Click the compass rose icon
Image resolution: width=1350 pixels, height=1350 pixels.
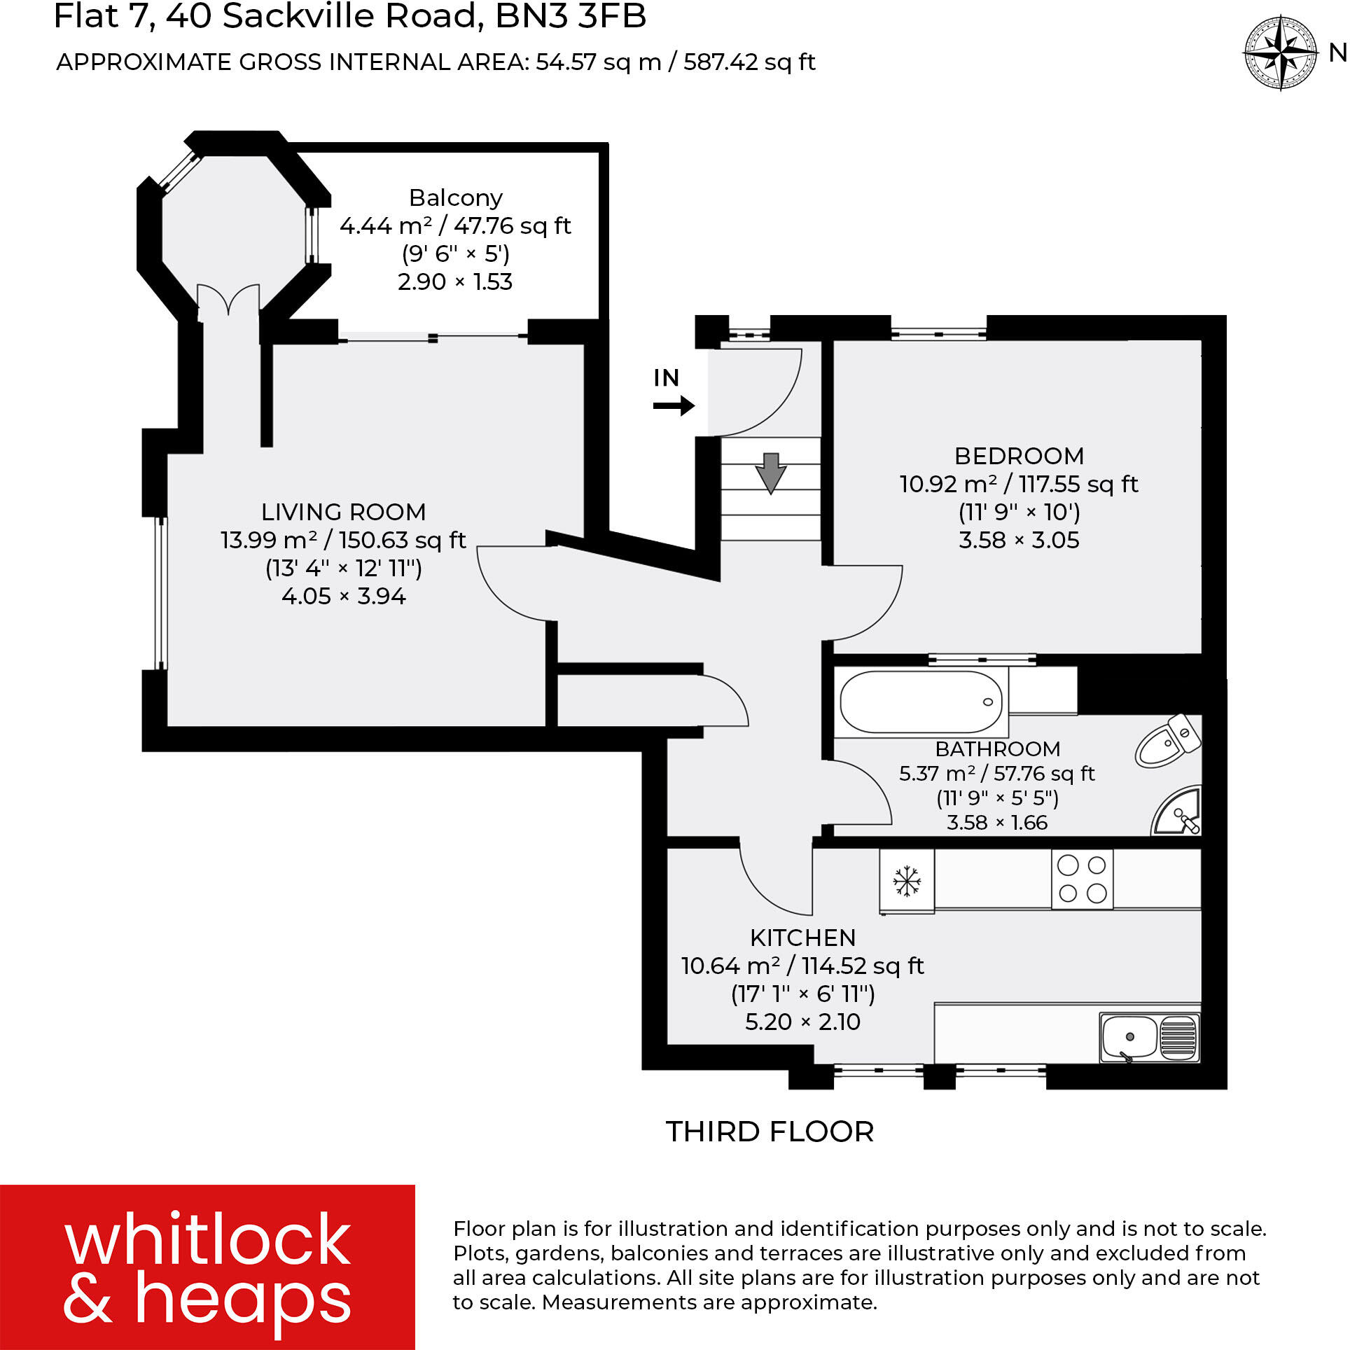point(1280,54)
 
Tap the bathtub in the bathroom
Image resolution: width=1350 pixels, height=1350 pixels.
point(921,702)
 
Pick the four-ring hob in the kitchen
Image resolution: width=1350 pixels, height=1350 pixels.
point(1082,879)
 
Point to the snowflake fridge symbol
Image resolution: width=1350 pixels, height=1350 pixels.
point(906,881)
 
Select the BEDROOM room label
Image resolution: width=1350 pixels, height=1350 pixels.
point(1019,456)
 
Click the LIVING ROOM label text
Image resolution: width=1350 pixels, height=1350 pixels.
point(343,512)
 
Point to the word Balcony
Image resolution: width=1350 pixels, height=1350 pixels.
point(456,198)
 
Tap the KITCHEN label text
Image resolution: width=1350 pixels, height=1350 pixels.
point(802,938)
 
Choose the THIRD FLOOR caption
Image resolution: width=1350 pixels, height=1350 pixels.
point(770,1132)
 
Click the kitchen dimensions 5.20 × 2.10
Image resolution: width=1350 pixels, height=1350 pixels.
point(802,1022)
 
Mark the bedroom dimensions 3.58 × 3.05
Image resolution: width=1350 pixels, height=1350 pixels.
point(1019,540)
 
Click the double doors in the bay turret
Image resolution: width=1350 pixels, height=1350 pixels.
point(228,302)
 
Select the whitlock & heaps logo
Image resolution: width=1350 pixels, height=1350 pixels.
point(207,1267)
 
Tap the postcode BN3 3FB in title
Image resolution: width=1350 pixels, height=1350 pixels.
point(571,17)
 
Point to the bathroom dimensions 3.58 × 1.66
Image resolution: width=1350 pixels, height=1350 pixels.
point(996,822)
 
